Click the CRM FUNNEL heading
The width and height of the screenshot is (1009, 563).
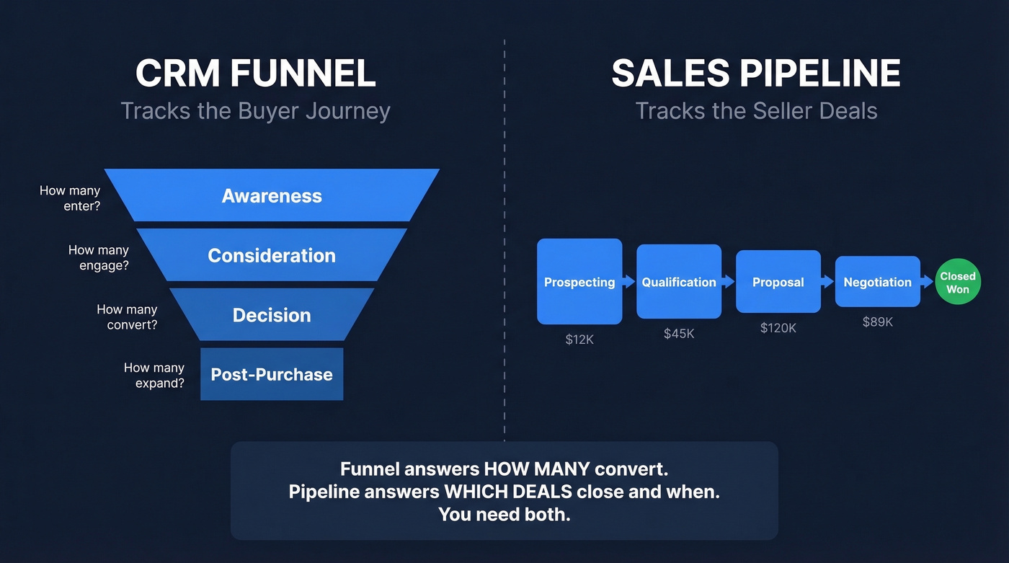tap(255, 74)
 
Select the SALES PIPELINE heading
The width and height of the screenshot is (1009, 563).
tap(756, 74)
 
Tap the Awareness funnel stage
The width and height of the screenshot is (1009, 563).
tap(272, 195)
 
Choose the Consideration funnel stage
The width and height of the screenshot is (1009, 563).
tap(272, 255)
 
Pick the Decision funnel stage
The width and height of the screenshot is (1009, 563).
tap(272, 315)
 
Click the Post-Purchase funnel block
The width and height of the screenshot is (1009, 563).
tap(272, 374)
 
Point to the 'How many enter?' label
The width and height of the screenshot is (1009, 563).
tap(70, 198)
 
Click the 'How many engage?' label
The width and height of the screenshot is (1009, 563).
tap(99, 257)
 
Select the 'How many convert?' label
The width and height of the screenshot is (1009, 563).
tap(127, 317)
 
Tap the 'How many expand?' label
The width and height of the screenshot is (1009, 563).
tap(154, 376)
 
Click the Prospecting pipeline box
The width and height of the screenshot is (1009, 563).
tap(579, 282)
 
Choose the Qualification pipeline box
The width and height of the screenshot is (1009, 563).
tap(679, 282)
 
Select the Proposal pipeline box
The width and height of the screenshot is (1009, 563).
tap(778, 282)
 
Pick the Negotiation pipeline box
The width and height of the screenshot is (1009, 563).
tap(878, 282)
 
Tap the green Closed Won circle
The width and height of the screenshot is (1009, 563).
tap(958, 283)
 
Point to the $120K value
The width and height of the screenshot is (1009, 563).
tap(778, 328)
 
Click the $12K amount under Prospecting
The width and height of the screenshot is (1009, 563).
tap(579, 340)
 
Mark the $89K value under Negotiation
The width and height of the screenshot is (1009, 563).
tap(878, 322)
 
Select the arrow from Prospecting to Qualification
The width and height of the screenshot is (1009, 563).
tap(629, 282)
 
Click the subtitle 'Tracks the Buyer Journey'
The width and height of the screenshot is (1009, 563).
tap(255, 111)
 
